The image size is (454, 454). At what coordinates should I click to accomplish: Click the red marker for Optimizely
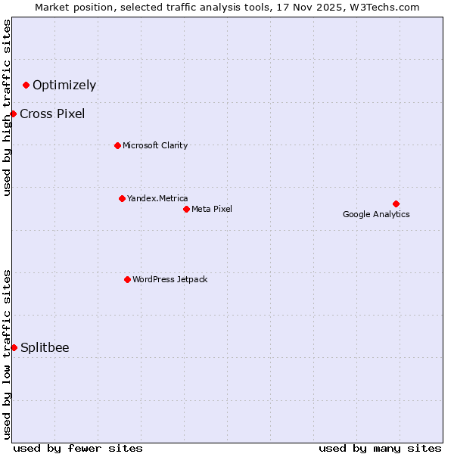tap(26, 85)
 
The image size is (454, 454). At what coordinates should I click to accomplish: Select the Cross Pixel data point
tap(13, 113)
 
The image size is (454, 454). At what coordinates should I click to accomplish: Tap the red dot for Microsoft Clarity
tap(117, 145)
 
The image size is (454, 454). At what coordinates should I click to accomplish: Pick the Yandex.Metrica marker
tap(122, 198)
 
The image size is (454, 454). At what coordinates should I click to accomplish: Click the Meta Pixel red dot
tap(186, 209)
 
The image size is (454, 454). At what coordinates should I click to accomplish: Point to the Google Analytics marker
tap(396, 204)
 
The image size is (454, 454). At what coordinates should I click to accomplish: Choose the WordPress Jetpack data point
tap(127, 279)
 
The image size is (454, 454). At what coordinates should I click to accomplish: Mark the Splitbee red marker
tap(14, 347)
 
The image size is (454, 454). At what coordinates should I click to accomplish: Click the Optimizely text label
tap(64, 85)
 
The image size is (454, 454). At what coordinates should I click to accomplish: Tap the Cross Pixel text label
tap(52, 113)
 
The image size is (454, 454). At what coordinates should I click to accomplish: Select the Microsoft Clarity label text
tap(155, 145)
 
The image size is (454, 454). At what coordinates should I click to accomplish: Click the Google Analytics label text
tap(376, 214)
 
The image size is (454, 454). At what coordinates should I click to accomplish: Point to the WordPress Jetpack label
tap(169, 279)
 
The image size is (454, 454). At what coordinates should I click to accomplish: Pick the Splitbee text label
tap(45, 347)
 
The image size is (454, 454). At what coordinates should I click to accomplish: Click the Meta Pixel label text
tap(212, 209)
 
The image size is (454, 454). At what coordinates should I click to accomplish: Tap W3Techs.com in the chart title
tap(387, 8)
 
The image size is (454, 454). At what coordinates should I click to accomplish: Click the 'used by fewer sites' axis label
tap(78, 448)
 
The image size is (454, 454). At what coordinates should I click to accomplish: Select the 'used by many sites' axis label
tap(380, 448)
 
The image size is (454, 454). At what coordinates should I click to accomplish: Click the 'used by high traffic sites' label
tap(7, 107)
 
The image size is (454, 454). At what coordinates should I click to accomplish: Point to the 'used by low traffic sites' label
tap(7, 353)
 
